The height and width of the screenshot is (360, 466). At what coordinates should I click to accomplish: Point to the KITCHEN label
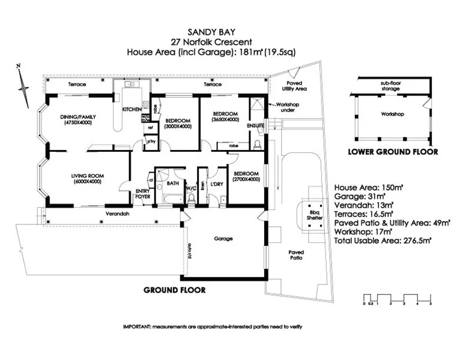pyautogui.click(x=132, y=110)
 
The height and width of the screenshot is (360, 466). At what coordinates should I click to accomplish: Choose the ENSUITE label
pyautogui.click(x=256, y=125)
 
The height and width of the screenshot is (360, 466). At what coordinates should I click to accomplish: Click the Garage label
pyautogui.click(x=223, y=238)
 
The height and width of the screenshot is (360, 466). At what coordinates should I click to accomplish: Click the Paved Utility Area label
pyautogui.click(x=294, y=85)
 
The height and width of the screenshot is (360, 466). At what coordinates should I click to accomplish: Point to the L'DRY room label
pyautogui.click(x=217, y=184)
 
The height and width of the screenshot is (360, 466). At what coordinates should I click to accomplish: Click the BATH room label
pyautogui.click(x=173, y=182)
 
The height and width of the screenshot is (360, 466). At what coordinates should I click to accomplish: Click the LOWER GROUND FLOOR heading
pyautogui.click(x=393, y=152)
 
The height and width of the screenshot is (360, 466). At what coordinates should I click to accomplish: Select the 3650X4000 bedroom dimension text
pyautogui.click(x=226, y=119)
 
